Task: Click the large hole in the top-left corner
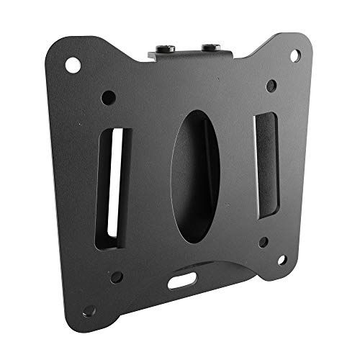pyautogui.click(x=73, y=64)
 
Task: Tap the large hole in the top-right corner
pyautogui.click(x=295, y=55)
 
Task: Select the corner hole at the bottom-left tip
pyautogui.click(x=89, y=310)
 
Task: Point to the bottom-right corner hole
pyautogui.click(x=282, y=259)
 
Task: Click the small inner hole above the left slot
pyautogui.click(x=109, y=96)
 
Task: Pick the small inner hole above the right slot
pyautogui.click(x=271, y=86)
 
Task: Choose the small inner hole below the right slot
pyautogui.click(x=264, y=242)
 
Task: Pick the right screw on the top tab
pyautogui.click(x=210, y=48)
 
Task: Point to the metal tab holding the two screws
pyautogui.click(x=189, y=53)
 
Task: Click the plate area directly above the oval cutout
pyautogui.click(x=191, y=90)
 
